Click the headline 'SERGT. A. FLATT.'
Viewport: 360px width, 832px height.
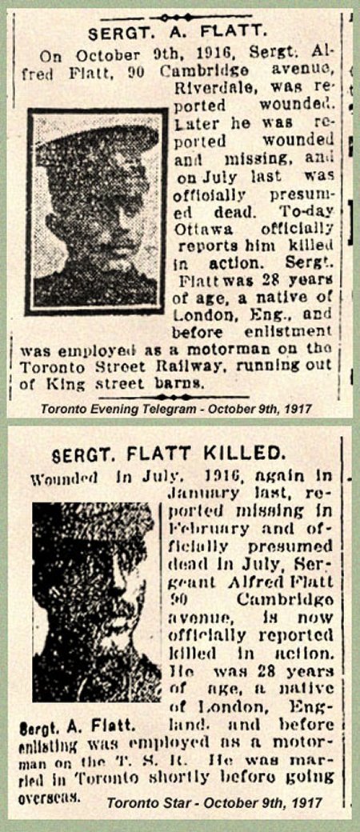(175, 34)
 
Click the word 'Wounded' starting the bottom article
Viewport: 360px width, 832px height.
(63, 479)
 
